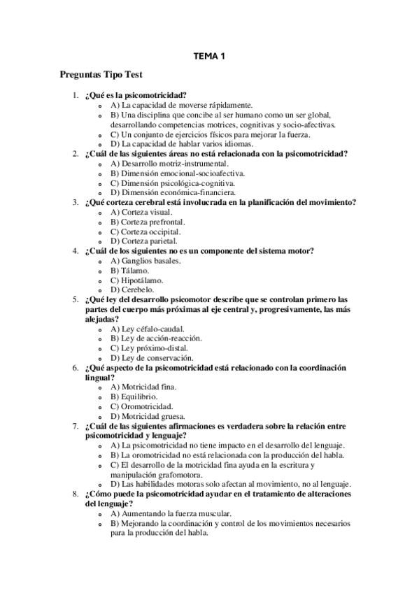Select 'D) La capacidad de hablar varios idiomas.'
click(x=182, y=143)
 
